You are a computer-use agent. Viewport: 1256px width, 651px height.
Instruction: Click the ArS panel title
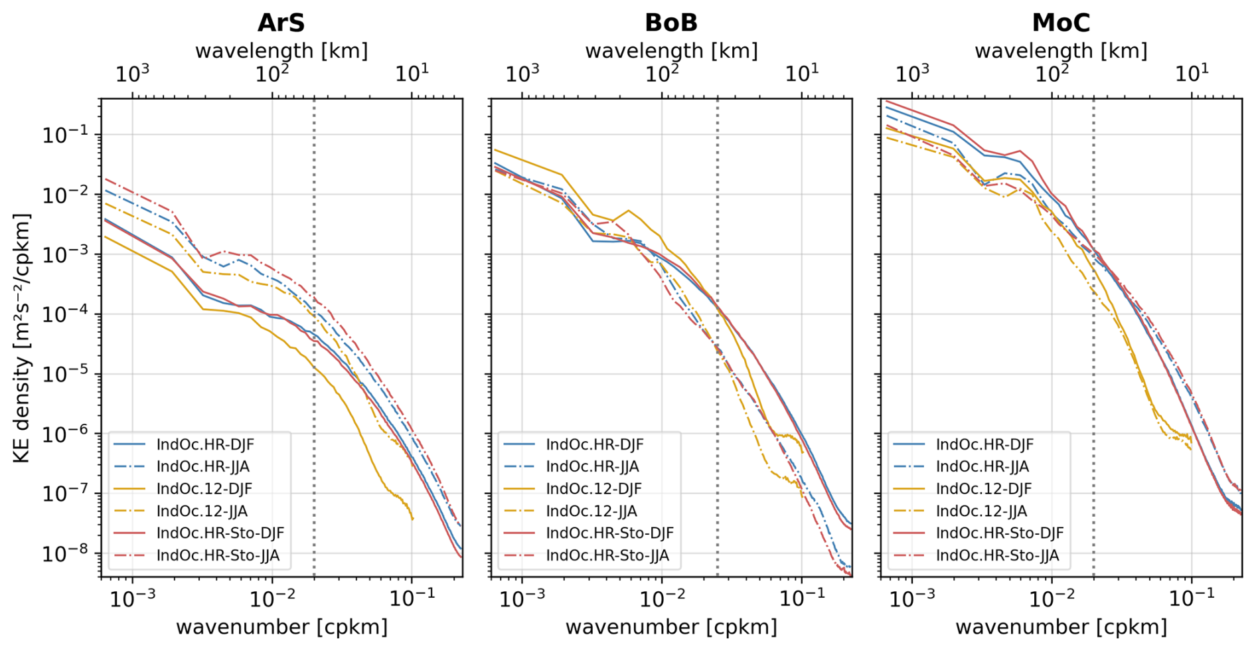(x=281, y=23)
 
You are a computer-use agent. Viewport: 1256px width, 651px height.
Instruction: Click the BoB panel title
(x=670, y=23)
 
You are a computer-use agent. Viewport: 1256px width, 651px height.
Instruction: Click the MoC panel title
(x=1060, y=23)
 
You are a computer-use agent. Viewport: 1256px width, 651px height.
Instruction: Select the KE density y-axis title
(x=22, y=338)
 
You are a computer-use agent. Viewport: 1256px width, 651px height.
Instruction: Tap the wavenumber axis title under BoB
(x=670, y=626)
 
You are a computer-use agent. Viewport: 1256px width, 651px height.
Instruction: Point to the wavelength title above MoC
(x=1060, y=50)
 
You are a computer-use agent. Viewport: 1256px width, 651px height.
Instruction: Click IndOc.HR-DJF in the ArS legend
(x=204, y=444)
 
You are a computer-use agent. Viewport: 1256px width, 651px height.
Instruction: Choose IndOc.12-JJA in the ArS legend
(x=201, y=511)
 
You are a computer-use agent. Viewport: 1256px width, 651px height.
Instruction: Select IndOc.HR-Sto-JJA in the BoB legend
(x=607, y=555)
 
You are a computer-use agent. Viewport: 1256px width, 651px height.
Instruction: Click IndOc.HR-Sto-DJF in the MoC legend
(x=999, y=533)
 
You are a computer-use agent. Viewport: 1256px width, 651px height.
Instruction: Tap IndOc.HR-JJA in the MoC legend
(x=982, y=466)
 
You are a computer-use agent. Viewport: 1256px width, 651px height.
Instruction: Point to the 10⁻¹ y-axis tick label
(x=66, y=135)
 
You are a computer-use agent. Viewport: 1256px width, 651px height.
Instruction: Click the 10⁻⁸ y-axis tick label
(x=66, y=553)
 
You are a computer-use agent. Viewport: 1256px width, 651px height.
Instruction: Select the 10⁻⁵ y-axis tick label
(x=66, y=374)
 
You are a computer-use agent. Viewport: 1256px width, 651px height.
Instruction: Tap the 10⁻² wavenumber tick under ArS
(x=273, y=599)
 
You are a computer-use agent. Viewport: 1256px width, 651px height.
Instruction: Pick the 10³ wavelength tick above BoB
(x=522, y=73)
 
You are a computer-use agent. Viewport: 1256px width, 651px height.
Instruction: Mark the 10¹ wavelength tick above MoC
(x=1192, y=73)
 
